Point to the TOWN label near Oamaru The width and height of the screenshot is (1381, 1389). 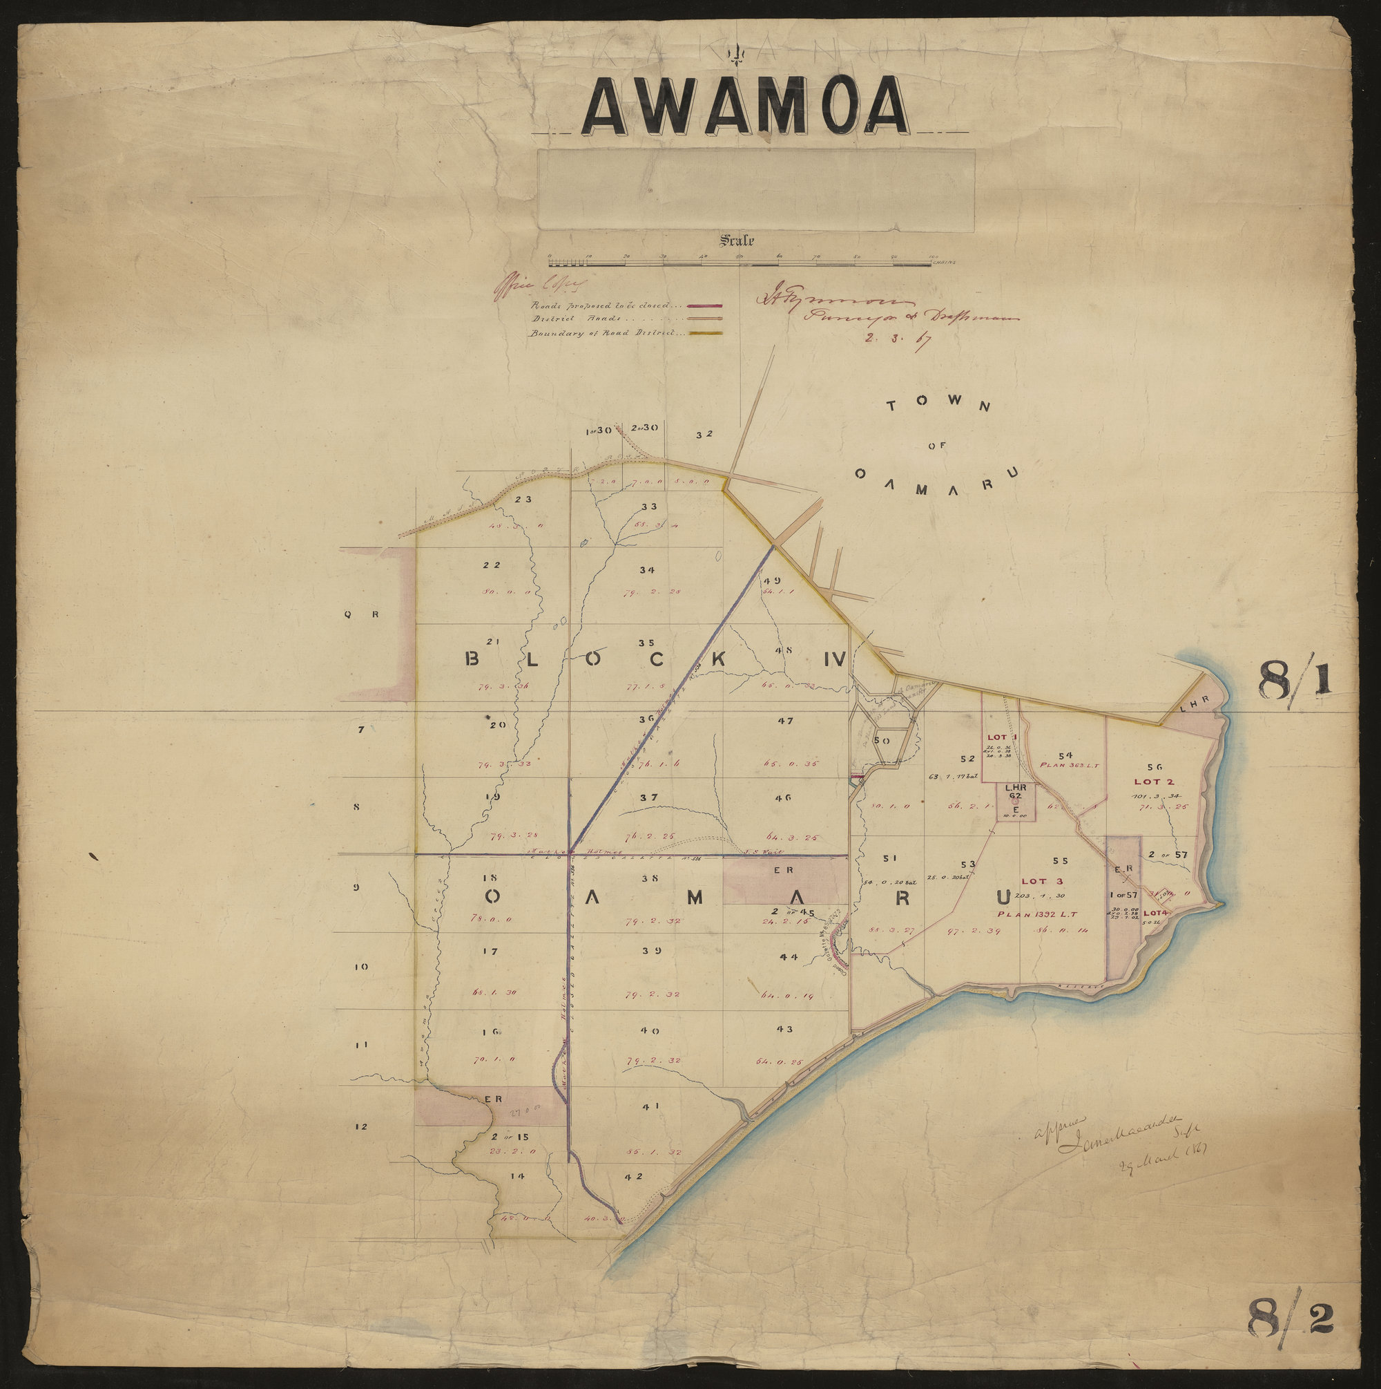click(x=938, y=406)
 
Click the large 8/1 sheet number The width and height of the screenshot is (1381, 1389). click(x=1293, y=680)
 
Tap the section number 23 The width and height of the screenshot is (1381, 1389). click(x=523, y=499)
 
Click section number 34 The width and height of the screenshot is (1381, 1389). click(x=647, y=570)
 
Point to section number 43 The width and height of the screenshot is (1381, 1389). click(x=784, y=1030)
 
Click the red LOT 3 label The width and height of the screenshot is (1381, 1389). click(x=1037, y=881)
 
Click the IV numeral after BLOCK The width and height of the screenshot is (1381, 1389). click(x=835, y=659)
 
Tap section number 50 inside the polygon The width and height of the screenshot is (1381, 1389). click(x=882, y=741)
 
